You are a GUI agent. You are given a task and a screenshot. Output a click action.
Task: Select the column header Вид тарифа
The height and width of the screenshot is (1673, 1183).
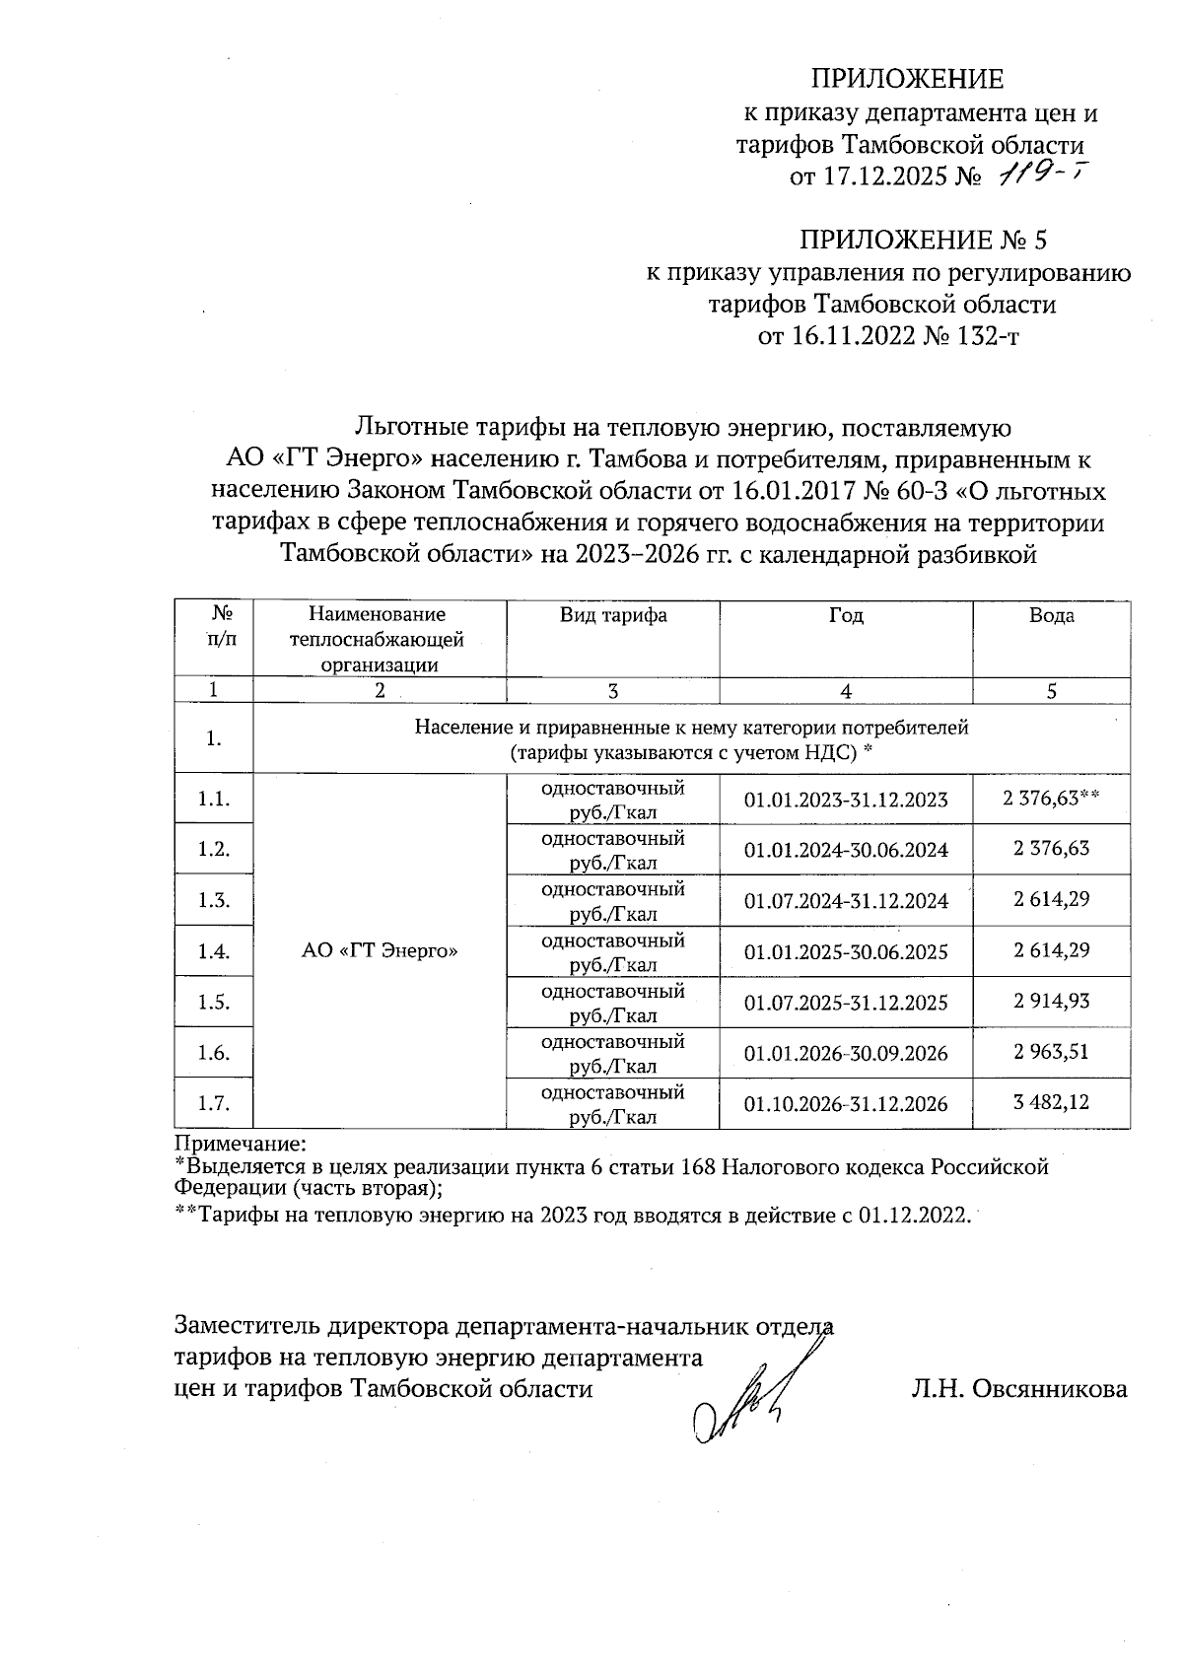tap(613, 616)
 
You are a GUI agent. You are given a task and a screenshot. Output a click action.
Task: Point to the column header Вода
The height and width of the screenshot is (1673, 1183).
tap(1051, 616)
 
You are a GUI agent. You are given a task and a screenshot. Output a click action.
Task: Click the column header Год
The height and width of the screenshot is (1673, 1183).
tap(846, 616)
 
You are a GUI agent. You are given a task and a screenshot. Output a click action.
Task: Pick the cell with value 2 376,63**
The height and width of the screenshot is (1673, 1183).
tap(1051, 799)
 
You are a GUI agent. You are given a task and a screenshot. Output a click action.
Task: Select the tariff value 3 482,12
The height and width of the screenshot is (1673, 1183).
tap(1051, 1102)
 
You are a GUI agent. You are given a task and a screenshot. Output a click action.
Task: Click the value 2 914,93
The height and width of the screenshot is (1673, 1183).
tap(1051, 1002)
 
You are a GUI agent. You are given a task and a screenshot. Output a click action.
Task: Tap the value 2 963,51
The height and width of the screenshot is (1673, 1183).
tap(1051, 1052)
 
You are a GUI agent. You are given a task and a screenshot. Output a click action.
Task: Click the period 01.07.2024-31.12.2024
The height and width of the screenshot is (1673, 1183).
tap(846, 901)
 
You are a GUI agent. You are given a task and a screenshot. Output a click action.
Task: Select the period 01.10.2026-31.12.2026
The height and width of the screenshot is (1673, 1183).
tap(846, 1104)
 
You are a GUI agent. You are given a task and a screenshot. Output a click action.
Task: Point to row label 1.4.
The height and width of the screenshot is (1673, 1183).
tap(214, 951)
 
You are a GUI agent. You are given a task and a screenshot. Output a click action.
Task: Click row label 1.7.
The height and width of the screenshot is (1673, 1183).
tap(214, 1104)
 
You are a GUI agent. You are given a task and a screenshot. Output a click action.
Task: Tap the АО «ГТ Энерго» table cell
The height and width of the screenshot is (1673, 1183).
tap(380, 951)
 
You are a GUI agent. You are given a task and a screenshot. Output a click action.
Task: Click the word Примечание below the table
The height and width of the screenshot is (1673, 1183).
tap(242, 1145)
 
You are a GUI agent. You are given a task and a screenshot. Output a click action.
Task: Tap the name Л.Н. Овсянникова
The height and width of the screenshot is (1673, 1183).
tap(1019, 1389)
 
